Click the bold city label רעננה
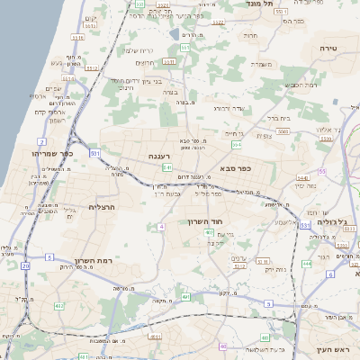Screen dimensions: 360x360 161,156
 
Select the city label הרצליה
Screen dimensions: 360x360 105,207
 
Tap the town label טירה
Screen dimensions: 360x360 328,45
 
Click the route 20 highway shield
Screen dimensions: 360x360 25,267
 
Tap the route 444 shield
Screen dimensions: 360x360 307,264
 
